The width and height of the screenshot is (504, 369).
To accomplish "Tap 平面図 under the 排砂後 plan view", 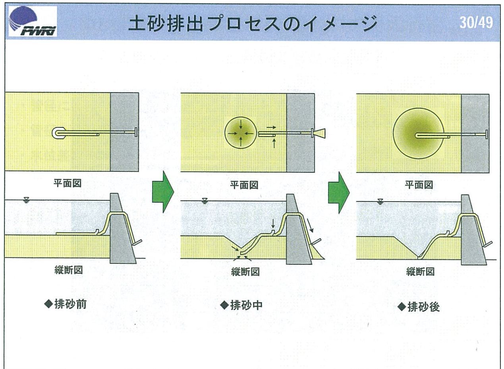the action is click(419, 185).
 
